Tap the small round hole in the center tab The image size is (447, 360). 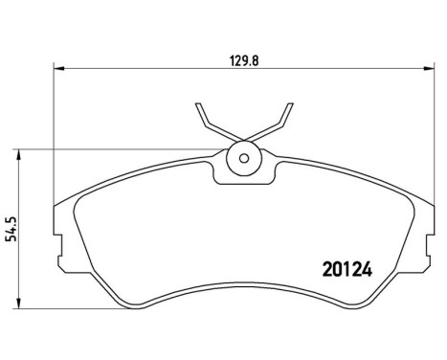click(243, 158)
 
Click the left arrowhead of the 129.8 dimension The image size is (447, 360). click(56, 69)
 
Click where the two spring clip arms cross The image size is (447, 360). click(243, 138)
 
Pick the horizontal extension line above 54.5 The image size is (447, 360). click(115, 148)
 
